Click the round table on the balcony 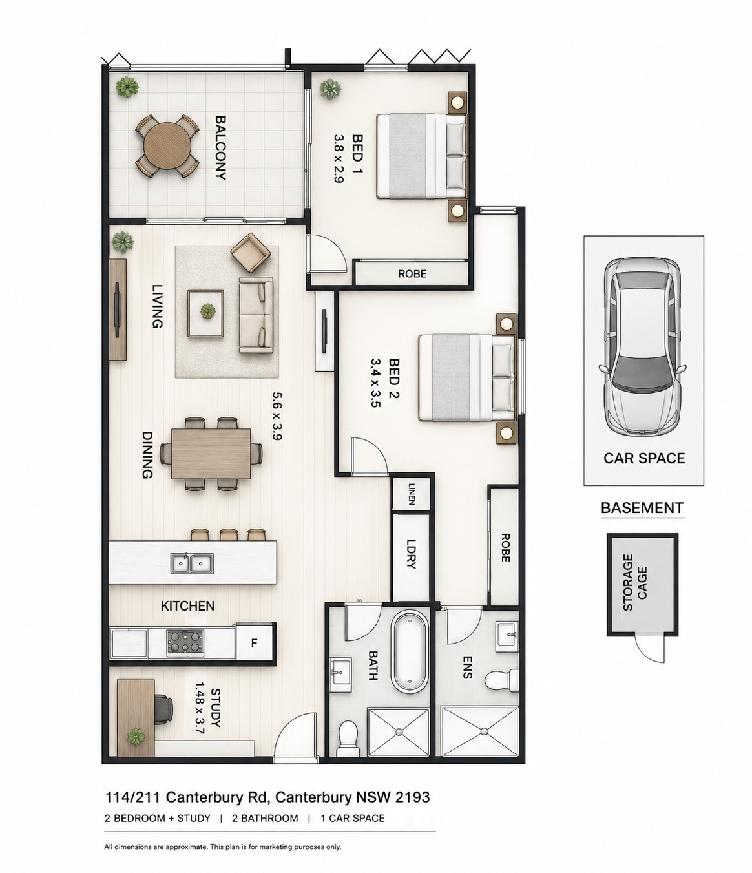pos(167,147)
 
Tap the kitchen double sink pos(192,563)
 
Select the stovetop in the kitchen pos(185,643)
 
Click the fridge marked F pos(254,644)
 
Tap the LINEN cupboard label pos(412,494)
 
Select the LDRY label pos(412,554)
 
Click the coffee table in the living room pos(205,313)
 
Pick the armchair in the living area pos(251,253)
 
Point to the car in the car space pos(642,347)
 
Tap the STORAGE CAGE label pos(634,583)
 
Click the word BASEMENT pos(642,508)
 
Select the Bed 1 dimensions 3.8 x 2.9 pos(339,158)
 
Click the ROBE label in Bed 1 pos(412,274)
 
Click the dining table pos(211,454)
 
